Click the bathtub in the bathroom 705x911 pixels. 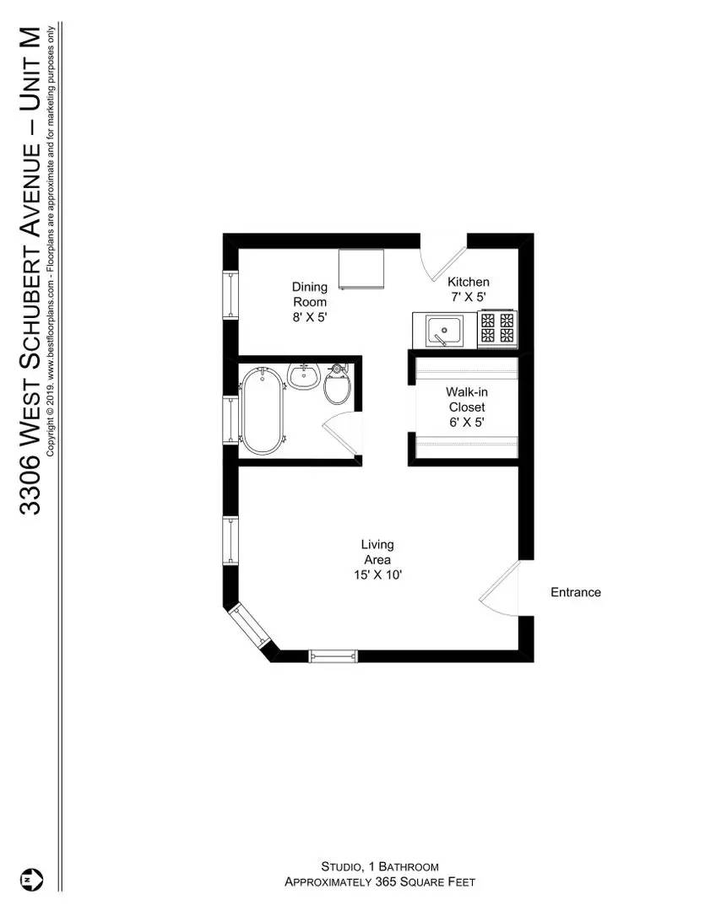(263, 410)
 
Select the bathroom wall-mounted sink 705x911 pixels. (304, 376)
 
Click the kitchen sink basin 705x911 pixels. (444, 331)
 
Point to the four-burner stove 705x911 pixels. (498, 328)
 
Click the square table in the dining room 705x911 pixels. (362, 269)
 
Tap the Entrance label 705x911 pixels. (576, 592)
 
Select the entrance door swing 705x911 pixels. (499, 588)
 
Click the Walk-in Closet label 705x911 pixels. (467, 400)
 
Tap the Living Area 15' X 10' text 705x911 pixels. (378, 559)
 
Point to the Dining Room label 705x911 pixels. (310, 294)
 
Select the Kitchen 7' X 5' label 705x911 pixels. (469, 289)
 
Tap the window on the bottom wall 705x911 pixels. (333, 656)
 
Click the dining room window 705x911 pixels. (231, 294)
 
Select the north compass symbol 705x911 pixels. (32, 879)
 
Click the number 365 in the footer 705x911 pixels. (384, 882)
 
